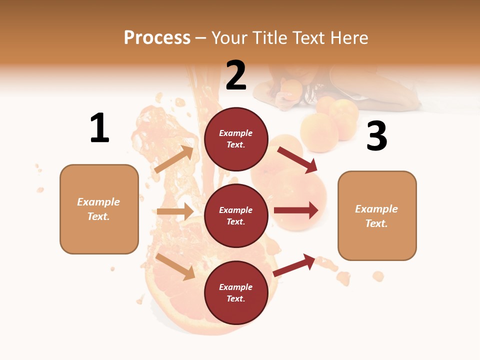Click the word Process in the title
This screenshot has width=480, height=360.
click(x=157, y=38)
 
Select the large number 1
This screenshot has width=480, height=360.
click(x=99, y=128)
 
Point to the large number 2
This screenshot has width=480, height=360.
click(x=236, y=75)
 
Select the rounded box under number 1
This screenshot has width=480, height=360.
click(x=99, y=209)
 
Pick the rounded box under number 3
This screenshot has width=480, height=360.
click(x=377, y=215)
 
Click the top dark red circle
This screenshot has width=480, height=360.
click(x=236, y=139)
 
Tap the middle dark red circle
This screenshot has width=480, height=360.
click(x=236, y=215)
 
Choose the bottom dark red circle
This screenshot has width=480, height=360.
click(x=236, y=292)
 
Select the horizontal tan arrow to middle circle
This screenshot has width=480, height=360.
click(x=175, y=211)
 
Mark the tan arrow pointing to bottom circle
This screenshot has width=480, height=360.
click(x=175, y=266)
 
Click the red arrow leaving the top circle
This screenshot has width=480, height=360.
click(x=297, y=160)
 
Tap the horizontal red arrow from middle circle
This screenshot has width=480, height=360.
click(x=296, y=210)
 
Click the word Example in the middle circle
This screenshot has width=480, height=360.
click(x=236, y=210)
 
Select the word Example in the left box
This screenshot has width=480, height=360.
click(x=98, y=202)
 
